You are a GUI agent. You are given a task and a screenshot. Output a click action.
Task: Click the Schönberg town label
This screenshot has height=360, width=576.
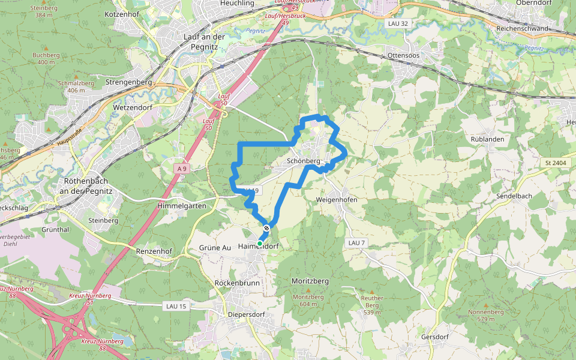(x=304, y=161)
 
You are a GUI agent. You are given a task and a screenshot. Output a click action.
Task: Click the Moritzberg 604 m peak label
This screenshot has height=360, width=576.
(x=308, y=300)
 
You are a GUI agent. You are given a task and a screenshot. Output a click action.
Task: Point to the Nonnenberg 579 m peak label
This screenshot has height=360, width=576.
(x=485, y=315)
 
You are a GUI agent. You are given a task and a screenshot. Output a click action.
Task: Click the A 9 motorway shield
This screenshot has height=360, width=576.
(x=182, y=169)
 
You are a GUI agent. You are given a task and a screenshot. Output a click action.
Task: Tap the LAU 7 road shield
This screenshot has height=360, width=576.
(x=356, y=242)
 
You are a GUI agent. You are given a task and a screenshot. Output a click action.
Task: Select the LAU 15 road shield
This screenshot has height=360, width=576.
(x=176, y=306)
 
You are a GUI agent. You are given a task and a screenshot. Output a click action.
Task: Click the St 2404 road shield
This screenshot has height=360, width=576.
(x=556, y=163)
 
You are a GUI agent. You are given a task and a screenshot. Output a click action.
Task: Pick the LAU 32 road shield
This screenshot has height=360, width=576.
(x=393, y=23)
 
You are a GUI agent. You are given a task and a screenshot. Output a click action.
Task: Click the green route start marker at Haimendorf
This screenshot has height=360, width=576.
(x=260, y=243)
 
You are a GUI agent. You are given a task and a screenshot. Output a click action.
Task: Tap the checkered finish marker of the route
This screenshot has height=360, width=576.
(x=266, y=228)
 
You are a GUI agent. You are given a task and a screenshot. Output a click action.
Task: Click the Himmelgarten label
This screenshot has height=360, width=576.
(x=181, y=206)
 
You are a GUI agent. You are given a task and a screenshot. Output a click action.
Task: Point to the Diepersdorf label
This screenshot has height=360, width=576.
(x=246, y=314)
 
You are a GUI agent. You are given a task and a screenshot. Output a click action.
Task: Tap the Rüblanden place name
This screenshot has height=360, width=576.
(x=488, y=139)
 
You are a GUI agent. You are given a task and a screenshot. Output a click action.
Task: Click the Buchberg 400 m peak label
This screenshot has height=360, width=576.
(x=46, y=58)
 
